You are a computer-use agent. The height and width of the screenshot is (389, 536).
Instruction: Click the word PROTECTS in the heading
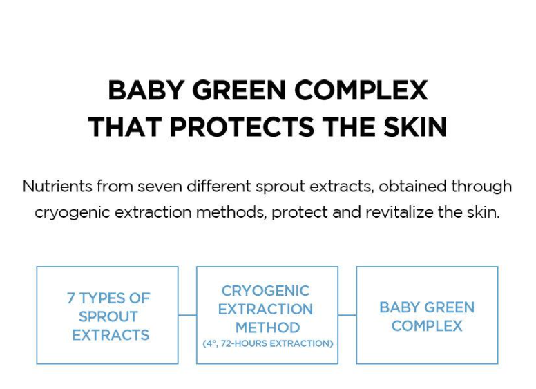tap(242, 127)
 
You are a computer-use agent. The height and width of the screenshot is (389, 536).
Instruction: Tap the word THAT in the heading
tap(125, 127)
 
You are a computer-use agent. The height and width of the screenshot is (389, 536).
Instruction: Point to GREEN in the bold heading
tap(239, 91)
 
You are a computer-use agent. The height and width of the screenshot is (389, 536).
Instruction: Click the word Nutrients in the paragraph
tap(57, 187)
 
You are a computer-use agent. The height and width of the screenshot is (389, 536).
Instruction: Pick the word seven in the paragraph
tap(160, 187)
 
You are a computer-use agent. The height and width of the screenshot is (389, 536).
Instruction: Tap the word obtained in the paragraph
tap(412, 187)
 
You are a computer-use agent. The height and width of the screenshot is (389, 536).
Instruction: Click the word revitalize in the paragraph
tap(399, 212)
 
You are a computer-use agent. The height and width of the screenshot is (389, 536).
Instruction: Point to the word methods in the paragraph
tap(231, 213)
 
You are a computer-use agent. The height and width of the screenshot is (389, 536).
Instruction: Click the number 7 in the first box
tap(70, 298)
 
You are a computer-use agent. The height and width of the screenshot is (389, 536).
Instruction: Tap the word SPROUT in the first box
tap(108, 316)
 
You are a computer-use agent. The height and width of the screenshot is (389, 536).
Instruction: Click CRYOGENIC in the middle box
tap(266, 291)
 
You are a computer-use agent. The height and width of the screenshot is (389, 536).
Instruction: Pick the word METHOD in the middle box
tap(268, 328)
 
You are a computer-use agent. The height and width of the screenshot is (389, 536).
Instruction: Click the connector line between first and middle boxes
tap(187, 315)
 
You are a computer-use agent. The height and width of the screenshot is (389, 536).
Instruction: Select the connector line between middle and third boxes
tap(347, 315)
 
